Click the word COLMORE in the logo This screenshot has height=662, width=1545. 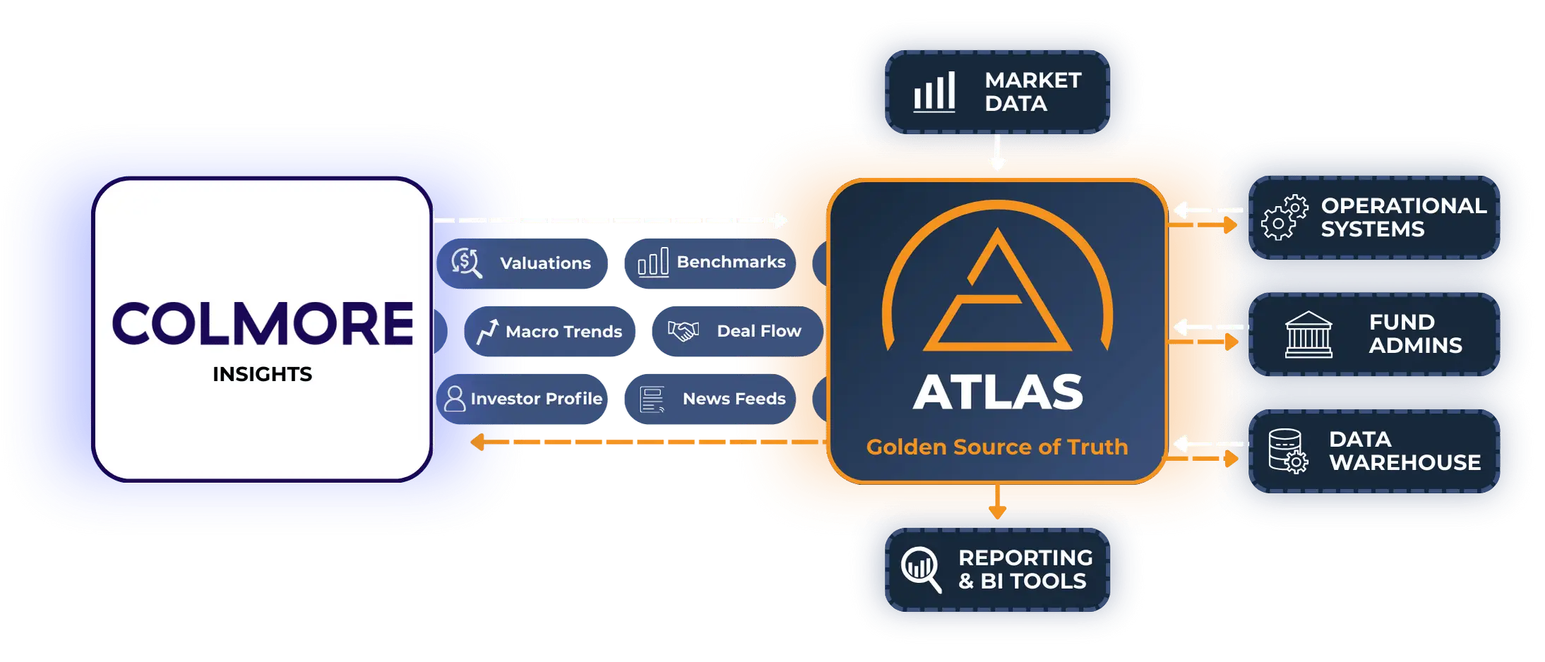263,324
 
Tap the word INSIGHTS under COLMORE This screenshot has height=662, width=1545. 262,374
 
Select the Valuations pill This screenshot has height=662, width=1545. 522,263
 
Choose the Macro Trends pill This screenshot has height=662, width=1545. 549,331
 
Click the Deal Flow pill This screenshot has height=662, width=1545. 737,331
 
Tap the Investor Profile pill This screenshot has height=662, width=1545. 522,399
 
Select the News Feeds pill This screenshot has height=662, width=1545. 710,399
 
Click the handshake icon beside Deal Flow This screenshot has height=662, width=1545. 683,330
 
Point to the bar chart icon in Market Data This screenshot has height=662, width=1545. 934,92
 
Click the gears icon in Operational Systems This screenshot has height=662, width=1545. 1284,217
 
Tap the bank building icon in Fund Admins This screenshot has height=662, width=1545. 1308,335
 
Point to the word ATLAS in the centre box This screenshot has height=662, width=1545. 998,392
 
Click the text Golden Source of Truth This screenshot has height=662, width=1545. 997,447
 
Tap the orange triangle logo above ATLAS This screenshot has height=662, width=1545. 997,289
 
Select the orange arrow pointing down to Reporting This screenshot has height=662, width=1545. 997,501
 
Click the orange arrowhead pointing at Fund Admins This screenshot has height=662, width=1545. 1231,342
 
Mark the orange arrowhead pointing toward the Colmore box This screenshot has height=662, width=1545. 477,443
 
